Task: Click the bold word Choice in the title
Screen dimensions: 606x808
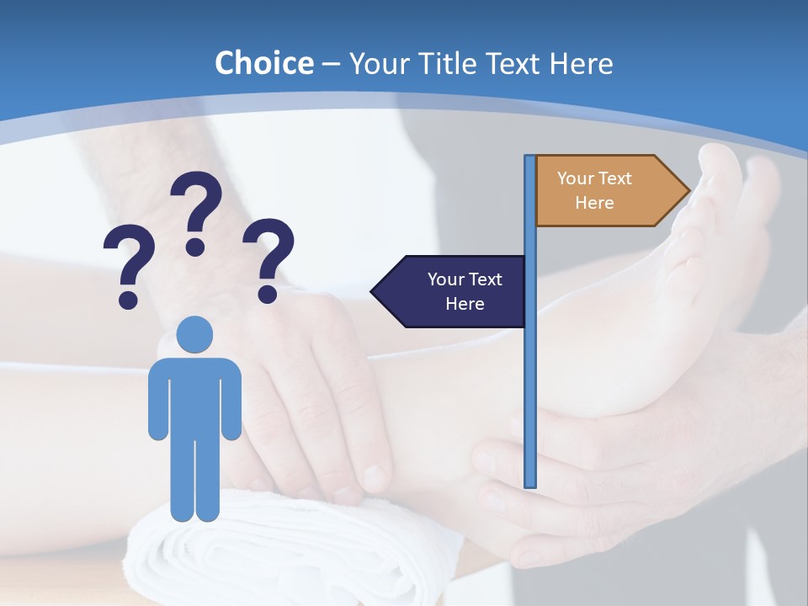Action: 263,63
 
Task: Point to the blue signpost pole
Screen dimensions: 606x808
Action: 529,379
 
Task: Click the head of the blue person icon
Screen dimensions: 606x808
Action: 194,334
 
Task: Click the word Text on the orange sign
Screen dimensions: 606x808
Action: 615,178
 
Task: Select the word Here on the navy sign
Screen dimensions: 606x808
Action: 465,304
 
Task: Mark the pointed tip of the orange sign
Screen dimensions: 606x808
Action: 688,191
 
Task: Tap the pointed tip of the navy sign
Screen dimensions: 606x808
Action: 374,291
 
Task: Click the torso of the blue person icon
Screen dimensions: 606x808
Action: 194,396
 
